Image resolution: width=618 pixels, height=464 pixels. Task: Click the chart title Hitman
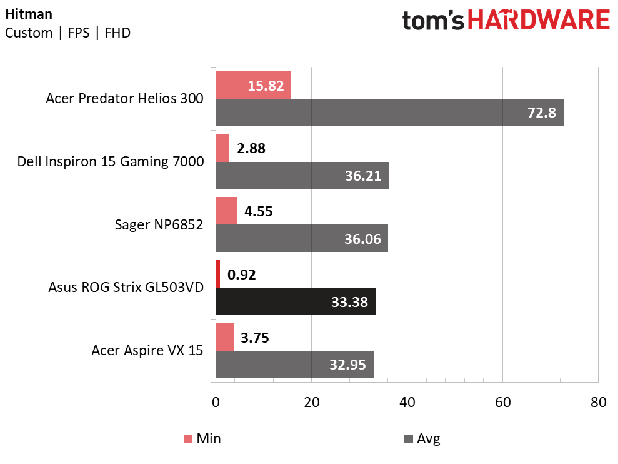[29, 14]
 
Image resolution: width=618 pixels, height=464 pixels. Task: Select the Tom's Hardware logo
[506, 20]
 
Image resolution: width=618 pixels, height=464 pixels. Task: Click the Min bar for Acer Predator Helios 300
[254, 85]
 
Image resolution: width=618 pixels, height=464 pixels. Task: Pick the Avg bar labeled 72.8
[390, 113]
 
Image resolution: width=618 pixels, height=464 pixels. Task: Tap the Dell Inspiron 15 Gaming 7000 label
[111, 161]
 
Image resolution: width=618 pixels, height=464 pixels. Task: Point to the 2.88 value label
[251, 148]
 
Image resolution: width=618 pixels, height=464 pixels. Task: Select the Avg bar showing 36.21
[302, 176]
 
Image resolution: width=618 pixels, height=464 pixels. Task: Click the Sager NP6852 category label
[159, 224]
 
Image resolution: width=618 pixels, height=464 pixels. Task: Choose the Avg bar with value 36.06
[302, 238]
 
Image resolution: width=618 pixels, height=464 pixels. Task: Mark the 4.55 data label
[259, 211]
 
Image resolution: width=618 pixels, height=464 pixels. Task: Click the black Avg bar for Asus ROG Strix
[296, 301]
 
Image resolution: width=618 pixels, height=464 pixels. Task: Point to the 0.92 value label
[242, 275]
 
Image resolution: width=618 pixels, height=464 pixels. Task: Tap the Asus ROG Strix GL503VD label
[126, 287]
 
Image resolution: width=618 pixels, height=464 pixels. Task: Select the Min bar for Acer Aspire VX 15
[225, 337]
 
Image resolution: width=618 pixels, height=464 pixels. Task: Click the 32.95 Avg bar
[295, 365]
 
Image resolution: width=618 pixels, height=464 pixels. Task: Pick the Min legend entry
[202, 438]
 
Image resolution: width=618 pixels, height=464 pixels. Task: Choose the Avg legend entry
[422, 438]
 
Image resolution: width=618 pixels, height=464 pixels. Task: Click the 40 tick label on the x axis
[407, 403]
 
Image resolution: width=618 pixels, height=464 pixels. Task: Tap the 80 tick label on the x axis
[598, 403]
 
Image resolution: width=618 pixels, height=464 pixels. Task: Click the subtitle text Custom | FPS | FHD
[67, 33]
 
